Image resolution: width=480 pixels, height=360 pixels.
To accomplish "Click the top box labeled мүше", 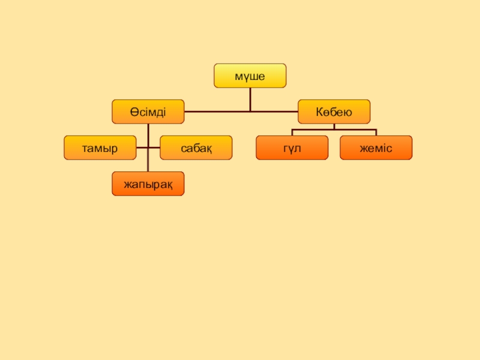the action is pos(250,76).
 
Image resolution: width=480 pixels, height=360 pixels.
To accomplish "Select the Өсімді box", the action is pos(148,112).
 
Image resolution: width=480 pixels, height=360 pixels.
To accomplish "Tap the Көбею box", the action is pos(334,112).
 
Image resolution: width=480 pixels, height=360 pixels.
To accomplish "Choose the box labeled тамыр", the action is pos(100,148).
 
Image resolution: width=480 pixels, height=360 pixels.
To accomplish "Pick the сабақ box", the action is pos(196,148).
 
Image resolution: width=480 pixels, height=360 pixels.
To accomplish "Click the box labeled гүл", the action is pos(292,148).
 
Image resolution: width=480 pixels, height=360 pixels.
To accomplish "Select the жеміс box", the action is pos(376,148).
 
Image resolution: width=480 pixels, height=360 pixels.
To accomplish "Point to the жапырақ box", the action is pos(148,184).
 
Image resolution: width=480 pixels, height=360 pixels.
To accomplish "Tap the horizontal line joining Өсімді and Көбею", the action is pos(240,112).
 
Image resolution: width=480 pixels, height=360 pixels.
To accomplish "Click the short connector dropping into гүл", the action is pos(292,133).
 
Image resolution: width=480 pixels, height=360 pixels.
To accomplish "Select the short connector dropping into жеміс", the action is pos(376,133).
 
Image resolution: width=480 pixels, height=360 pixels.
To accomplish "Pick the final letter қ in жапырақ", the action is pos(169,184).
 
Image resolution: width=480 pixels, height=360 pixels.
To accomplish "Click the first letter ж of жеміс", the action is pos(364,148).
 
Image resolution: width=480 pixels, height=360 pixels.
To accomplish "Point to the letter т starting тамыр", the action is pos(86,148).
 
